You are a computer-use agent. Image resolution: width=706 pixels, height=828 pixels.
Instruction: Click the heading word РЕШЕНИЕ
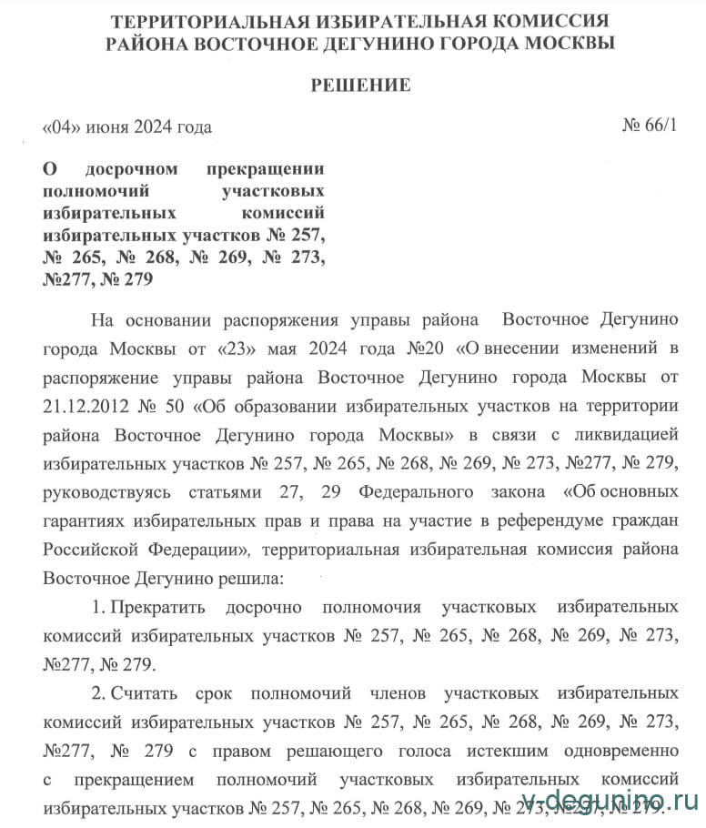pyautogui.click(x=360, y=86)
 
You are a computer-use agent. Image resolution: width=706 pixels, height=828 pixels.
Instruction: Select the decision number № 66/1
pyautogui.click(x=649, y=126)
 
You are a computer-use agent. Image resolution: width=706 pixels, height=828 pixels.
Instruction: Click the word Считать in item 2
pyautogui.click(x=145, y=694)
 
